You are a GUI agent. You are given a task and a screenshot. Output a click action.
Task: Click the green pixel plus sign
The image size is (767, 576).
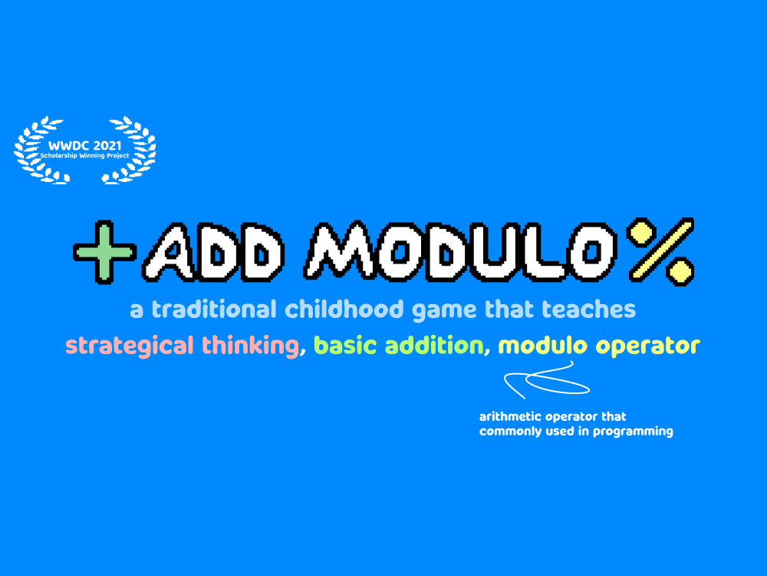(105, 252)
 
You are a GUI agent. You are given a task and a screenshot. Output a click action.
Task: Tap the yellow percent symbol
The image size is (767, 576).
(659, 250)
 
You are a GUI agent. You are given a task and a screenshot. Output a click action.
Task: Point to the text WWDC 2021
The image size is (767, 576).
(85, 144)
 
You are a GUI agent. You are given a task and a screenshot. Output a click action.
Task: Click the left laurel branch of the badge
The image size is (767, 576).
(37, 150)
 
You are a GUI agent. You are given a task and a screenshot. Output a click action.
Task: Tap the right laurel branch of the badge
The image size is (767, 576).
(132, 150)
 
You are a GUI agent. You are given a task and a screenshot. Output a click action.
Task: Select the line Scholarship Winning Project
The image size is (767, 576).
(85, 156)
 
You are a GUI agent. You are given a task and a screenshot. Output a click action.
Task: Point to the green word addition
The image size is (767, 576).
(435, 346)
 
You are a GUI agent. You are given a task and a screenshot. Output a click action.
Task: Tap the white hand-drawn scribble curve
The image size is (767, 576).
(546, 379)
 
